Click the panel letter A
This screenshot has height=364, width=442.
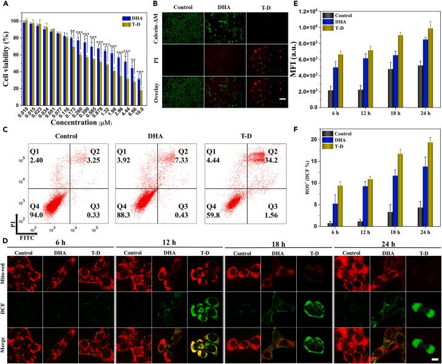tap(5, 5)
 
